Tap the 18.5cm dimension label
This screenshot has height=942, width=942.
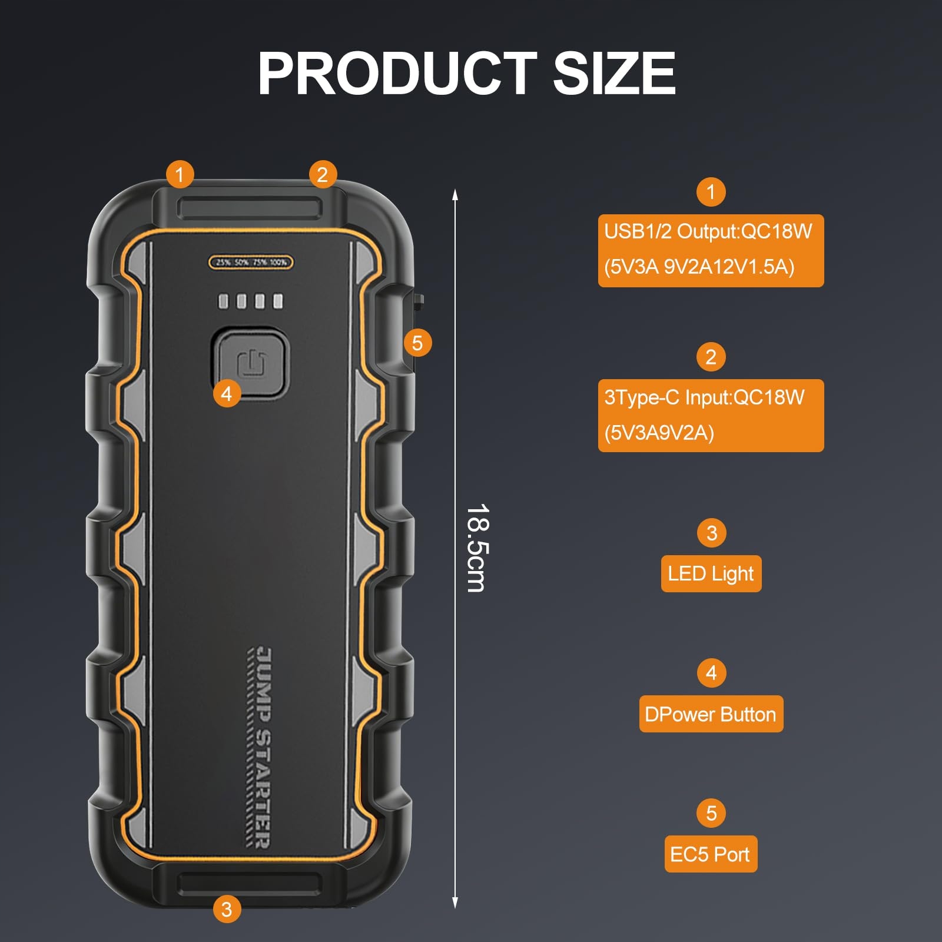pos(476,548)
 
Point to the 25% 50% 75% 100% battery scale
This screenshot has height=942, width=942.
pos(251,262)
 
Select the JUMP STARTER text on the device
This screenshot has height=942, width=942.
pos(259,748)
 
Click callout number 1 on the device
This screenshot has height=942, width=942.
pos(180,174)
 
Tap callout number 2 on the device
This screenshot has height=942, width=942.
pos(322,174)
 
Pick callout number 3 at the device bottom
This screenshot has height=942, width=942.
pos(227,908)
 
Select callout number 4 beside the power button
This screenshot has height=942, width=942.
pos(227,393)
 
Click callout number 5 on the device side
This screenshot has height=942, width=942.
pos(417,343)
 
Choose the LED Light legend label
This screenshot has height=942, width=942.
pos(711,573)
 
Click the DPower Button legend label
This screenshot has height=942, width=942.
pos(711,714)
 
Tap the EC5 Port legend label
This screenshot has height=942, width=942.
pos(710,854)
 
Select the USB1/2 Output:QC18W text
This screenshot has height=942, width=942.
pos(708,231)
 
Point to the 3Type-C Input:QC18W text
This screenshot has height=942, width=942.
pos(704,397)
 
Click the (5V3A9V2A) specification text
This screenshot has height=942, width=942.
pos(659,433)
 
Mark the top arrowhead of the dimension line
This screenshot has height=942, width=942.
pos(455,194)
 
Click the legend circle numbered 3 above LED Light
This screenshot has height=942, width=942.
pos(711,533)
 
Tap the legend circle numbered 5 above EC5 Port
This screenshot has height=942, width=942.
pos(711,813)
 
